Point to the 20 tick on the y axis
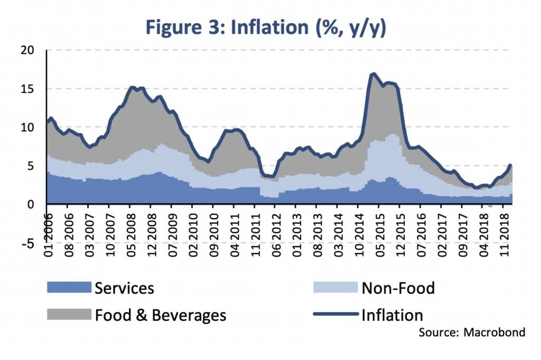click(26, 50)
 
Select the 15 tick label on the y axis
click(26, 89)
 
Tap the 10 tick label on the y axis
click(26, 127)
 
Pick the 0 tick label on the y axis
click(30, 204)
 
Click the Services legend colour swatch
click(69, 288)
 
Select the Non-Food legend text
click(398, 288)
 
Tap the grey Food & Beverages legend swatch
click(69, 315)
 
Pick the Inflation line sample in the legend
click(335, 315)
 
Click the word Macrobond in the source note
click(495, 333)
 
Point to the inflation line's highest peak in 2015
click(374, 74)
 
